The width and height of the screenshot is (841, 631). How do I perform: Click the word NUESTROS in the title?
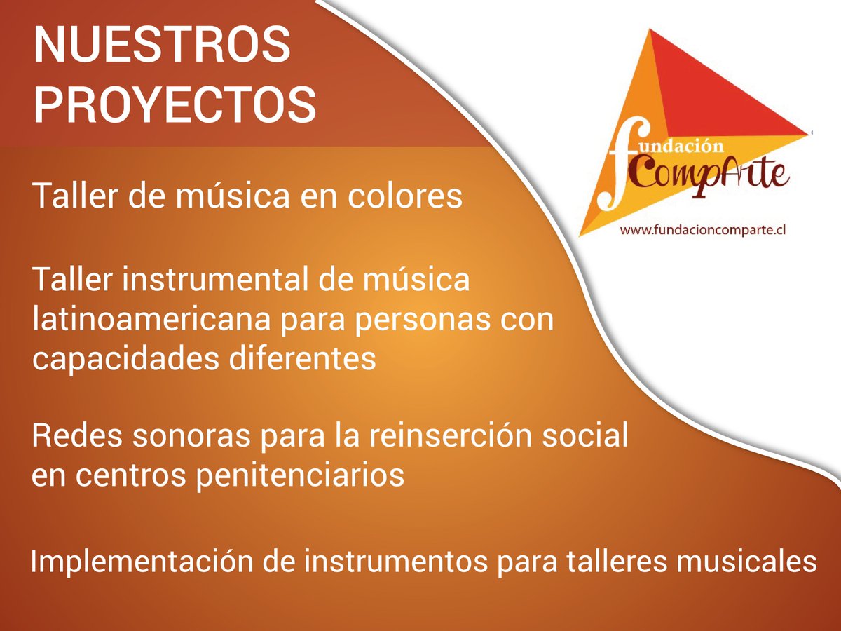pos(162,46)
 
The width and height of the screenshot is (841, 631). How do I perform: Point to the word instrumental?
pos(210,280)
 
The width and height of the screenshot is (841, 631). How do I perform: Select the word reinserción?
pos(455,436)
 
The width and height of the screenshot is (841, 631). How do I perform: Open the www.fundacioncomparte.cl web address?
pos(700,230)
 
